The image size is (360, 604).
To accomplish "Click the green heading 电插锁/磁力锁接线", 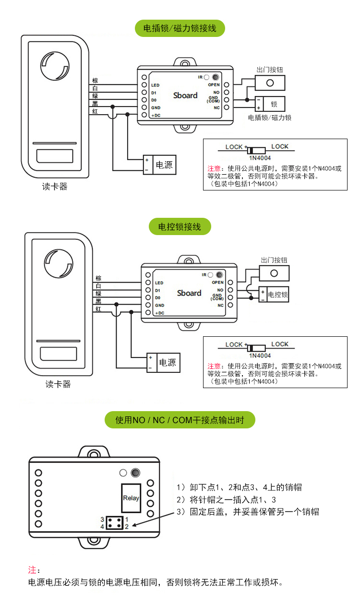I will [180, 28].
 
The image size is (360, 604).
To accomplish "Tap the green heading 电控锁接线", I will [180, 226].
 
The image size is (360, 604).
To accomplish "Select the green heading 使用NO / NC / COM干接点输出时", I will [180, 420].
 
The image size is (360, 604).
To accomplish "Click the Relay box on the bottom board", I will [131, 497].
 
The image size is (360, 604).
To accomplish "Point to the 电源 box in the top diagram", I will [164, 165].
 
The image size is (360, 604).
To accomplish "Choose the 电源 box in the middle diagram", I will [167, 363].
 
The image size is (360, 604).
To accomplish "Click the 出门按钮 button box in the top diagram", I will [270, 83].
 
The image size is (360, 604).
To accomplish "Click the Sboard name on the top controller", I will [185, 95].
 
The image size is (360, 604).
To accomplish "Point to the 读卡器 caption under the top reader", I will [55, 187].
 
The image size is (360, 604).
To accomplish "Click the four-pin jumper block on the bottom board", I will [114, 523].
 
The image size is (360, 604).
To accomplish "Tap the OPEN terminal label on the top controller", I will [214, 85].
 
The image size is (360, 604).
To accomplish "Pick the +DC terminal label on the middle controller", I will [160, 313].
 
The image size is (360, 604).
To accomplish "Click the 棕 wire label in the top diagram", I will [95, 81].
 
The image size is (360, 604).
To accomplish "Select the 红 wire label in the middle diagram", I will [98, 309].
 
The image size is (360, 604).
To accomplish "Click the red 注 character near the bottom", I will [32, 570].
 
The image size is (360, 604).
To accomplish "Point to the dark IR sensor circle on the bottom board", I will [135, 473].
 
